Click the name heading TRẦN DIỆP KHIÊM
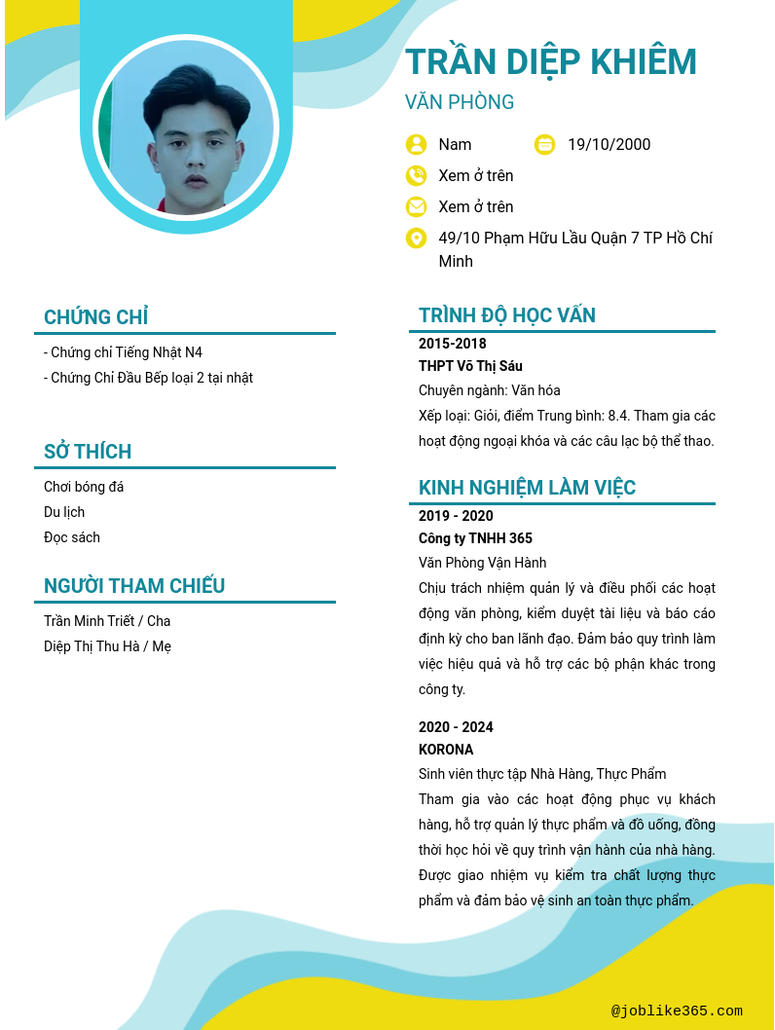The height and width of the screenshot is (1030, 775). [551, 62]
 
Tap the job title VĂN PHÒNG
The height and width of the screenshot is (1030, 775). [460, 102]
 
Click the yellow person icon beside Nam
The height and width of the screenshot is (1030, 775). [417, 145]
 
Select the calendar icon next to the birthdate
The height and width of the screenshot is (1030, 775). [545, 145]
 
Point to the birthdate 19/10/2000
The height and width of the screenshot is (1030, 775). [609, 145]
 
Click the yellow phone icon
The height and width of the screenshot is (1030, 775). [417, 176]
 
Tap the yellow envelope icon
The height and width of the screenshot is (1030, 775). [417, 207]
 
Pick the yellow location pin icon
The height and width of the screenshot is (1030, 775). [417, 239]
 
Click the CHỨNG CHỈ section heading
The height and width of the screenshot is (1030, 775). [96, 317]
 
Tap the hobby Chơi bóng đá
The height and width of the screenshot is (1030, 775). [84, 487]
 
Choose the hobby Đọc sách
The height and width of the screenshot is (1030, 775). [72, 537]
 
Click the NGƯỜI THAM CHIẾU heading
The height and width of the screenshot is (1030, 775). [134, 586]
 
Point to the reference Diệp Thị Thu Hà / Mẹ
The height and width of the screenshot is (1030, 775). [107, 646]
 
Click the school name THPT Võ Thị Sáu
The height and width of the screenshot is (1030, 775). [470, 366]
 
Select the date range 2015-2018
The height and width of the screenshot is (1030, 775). [453, 344]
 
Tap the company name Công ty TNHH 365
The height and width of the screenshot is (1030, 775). [475, 538]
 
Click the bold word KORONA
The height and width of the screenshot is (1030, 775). [446, 750]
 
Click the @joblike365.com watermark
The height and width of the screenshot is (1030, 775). [677, 1011]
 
